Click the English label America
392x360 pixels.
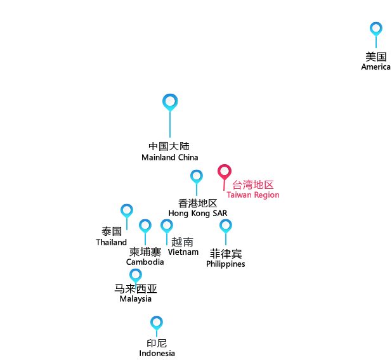pyautogui.click(x=376, y=67)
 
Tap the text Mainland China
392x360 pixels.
pyautogui.click(x=170, y=157)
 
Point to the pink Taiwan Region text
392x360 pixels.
pyautogui.click(x=253, y=195)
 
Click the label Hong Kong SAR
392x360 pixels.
pyautogui.click(x=198, y=213)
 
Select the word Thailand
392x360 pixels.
pyautogui.click(x=111, y=242)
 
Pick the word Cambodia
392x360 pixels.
pyautogui.click(x=145, y=262)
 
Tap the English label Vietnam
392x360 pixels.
pyautogui.click(x=183, y=252)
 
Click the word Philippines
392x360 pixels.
pyautogui.click(x=226, y=264)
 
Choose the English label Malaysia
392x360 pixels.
pyautogui.click(x=136, y=299)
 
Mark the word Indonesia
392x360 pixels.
pyautogui.click(x=157, y=353)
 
